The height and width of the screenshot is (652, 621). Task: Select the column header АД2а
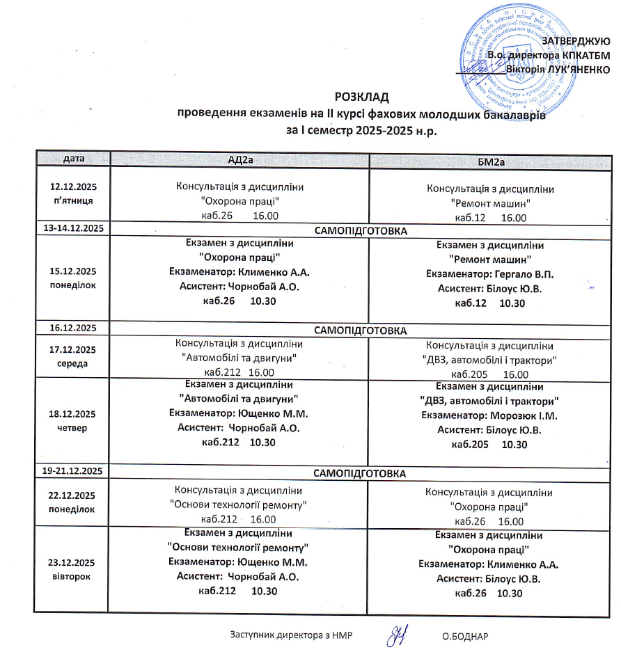coord(239,159)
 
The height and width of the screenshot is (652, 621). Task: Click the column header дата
coord(74,159)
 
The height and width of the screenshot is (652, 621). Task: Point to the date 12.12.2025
coord(73,187)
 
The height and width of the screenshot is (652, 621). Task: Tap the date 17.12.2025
coord(73,349)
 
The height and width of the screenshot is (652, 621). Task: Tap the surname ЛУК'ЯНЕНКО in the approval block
coord(576,69)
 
